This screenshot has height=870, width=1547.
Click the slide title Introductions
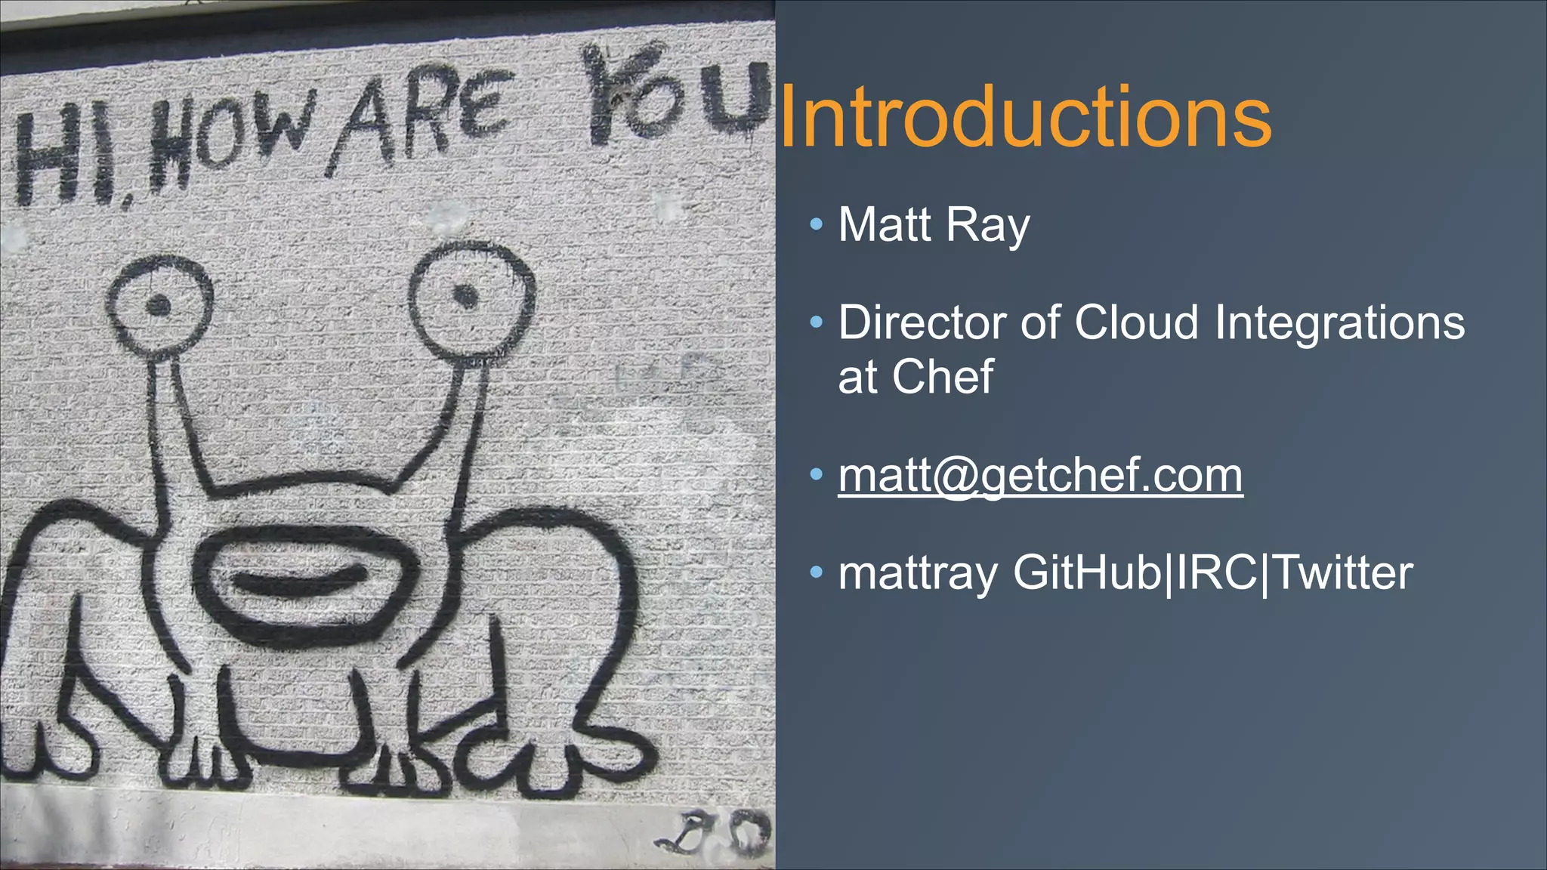[x=1025, y=118]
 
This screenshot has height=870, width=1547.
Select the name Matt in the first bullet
[x=885, y=225]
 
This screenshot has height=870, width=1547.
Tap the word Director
[x=924, y=322]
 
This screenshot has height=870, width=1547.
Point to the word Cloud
[x=1136, y=322]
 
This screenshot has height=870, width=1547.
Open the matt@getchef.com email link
[x=1040, y=476]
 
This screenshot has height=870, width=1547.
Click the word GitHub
[x=1087, y=572]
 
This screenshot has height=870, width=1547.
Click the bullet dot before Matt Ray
[x=816, y=224]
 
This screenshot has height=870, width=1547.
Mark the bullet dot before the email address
[x=816, y=474]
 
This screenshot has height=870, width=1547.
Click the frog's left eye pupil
[x=158, y=306]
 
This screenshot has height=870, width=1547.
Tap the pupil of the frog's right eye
[x=465, y=296]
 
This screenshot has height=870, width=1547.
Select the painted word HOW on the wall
[x=227, y=140]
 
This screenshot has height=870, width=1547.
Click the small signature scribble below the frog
[x=718, y=832]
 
